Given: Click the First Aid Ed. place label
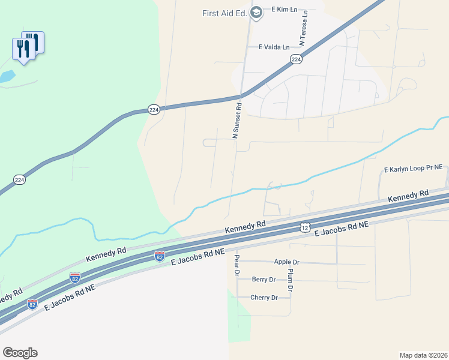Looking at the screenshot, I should tap(225, 13).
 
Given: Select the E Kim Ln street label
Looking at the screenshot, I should tap(286, 10).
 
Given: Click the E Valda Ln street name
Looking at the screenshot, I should tap(274, 47).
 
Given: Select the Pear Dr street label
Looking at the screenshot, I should tap(237, 265).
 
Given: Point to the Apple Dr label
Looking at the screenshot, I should tap(286, 262).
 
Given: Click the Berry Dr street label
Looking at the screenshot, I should tap(264, 280).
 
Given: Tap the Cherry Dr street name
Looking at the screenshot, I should tap(264, 298).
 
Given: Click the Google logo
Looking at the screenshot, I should tap(20, 353).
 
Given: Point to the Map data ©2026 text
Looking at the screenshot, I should tap(424, 355).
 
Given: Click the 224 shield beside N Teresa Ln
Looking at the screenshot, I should tap(296, 59).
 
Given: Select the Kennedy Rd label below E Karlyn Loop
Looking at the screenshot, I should tap(408, 196).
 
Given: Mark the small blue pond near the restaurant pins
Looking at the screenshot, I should tap(6, 77).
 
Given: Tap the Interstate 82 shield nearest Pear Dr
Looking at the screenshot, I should tap(160, 256).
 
